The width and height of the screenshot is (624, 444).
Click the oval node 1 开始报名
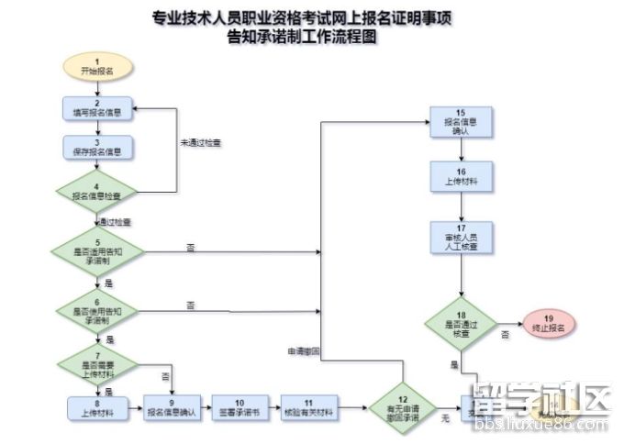[98, 66]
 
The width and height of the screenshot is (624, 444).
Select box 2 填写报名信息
[98, 109]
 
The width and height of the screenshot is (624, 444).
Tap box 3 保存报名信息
[98, 148]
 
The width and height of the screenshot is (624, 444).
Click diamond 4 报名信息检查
[98, 190]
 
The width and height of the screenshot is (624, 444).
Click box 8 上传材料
[98, 407]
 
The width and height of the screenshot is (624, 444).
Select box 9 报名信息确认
[173, 407]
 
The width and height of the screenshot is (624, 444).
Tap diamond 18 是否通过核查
[462, 321]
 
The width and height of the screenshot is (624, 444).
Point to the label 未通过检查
[200, 142]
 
